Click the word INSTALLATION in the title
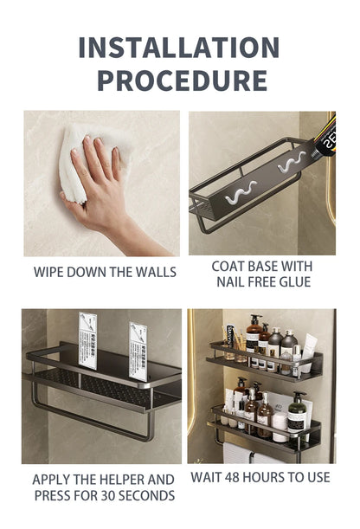point(179,47)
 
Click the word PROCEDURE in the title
point(181,81)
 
